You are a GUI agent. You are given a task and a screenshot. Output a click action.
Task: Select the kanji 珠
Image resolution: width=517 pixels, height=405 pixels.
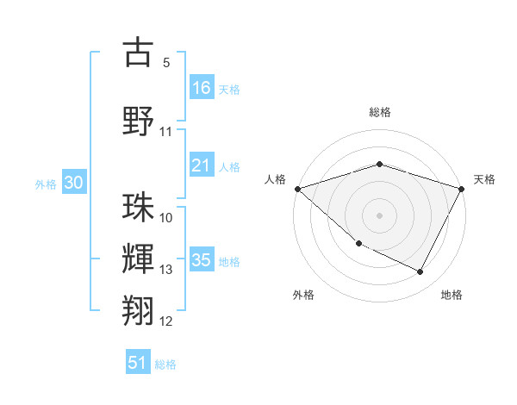(138, 207)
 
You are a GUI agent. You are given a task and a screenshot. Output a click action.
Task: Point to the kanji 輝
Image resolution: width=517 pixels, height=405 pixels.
(138, 258)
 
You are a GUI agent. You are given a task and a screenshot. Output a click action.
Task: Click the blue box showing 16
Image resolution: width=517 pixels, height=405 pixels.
(202, 88)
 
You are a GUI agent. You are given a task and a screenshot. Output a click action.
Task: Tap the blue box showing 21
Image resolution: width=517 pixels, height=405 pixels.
(202, 165)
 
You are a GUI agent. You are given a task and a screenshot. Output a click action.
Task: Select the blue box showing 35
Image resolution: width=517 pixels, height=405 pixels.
(202, 260)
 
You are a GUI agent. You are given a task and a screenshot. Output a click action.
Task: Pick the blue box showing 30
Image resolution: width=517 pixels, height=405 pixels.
(74, 183)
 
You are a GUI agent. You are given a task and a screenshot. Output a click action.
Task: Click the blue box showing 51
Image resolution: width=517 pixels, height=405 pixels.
(138, 363)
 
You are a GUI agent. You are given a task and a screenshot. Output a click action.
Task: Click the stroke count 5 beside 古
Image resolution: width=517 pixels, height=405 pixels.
(165, 63)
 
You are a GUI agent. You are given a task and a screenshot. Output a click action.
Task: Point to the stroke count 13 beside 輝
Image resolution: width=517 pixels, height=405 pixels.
(165, 270)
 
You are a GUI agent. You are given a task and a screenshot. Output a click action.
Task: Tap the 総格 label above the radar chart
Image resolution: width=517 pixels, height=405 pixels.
(380, 113)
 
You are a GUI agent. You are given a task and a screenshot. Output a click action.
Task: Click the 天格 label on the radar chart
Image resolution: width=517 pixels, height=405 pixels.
(484, 179)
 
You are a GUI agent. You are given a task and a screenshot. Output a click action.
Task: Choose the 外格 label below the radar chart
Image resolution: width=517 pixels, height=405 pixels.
(303, 296)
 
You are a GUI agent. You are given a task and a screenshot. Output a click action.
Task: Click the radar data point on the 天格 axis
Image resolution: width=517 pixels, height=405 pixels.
(463, 189)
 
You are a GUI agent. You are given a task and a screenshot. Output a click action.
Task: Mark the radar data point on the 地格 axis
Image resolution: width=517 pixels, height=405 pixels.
(420, 272)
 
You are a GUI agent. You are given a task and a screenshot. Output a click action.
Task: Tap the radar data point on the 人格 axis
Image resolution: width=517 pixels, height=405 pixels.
(297, 189)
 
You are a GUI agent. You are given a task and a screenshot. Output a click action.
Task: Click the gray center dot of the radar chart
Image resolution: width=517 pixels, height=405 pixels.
(380, 215)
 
